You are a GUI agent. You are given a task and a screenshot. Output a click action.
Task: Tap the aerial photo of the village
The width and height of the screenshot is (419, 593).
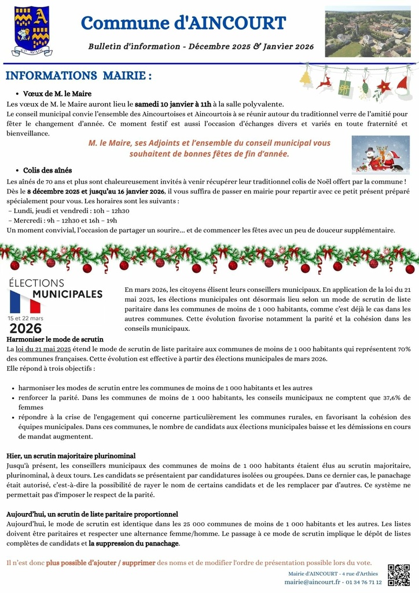tap(367, 32)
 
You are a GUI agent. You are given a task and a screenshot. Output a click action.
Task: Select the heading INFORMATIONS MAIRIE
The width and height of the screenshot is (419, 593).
tap(79, 76)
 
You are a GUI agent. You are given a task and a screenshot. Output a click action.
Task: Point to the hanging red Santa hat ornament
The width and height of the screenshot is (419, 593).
tap(403, 86)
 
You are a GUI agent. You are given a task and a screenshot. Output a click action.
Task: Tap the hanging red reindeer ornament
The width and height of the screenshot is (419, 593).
tap(325, 82)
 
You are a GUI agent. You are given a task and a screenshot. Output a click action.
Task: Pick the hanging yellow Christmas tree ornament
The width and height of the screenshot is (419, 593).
tap(306, 79)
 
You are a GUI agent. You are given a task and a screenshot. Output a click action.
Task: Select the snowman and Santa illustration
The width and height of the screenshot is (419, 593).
tap(380, 155)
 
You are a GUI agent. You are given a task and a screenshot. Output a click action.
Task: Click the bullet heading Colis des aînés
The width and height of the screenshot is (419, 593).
tap(47, 170)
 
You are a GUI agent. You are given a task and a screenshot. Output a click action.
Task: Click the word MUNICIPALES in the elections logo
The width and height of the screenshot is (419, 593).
tap(67, 294)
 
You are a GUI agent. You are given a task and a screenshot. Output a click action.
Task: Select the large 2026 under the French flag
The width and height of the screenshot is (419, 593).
tap(25, 328)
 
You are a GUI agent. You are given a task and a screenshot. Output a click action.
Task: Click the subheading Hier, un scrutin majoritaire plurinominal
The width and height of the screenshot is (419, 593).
tap(71, 456)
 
